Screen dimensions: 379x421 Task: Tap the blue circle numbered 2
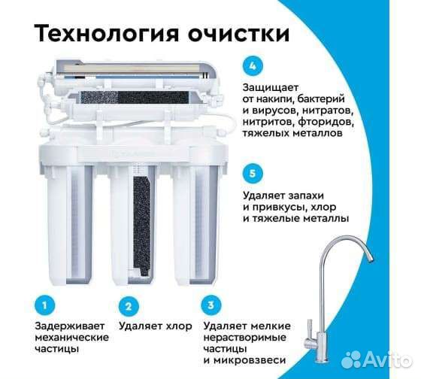(x=129, y=306)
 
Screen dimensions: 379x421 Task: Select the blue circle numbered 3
(x=213, y=306)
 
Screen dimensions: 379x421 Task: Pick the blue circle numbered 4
(x=254, y=64)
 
